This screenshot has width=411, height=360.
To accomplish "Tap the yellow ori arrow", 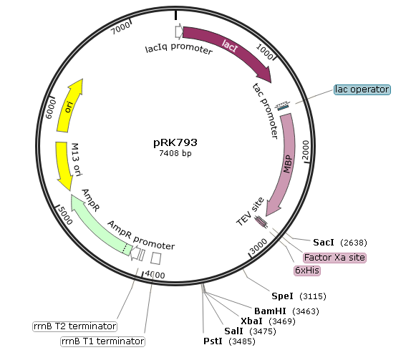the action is click(69, 106).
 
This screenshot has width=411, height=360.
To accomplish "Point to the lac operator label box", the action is click(362, 89).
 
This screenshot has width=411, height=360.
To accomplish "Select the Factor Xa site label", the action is click(334, 258).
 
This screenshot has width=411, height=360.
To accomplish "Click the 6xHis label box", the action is click(307, 270).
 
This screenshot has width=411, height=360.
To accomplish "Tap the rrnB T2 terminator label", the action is click(74, 326).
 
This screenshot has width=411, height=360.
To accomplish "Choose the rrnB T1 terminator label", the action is click(102, 341).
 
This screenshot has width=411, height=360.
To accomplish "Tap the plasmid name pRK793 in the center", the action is click(175, 142).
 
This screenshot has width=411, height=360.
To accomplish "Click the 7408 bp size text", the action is click(175, 153).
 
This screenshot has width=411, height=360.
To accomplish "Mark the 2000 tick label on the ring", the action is click(306, 150).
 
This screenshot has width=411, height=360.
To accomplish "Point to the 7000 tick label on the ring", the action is click(120, 28).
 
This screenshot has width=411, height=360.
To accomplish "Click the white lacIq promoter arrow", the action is click(179, 31).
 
